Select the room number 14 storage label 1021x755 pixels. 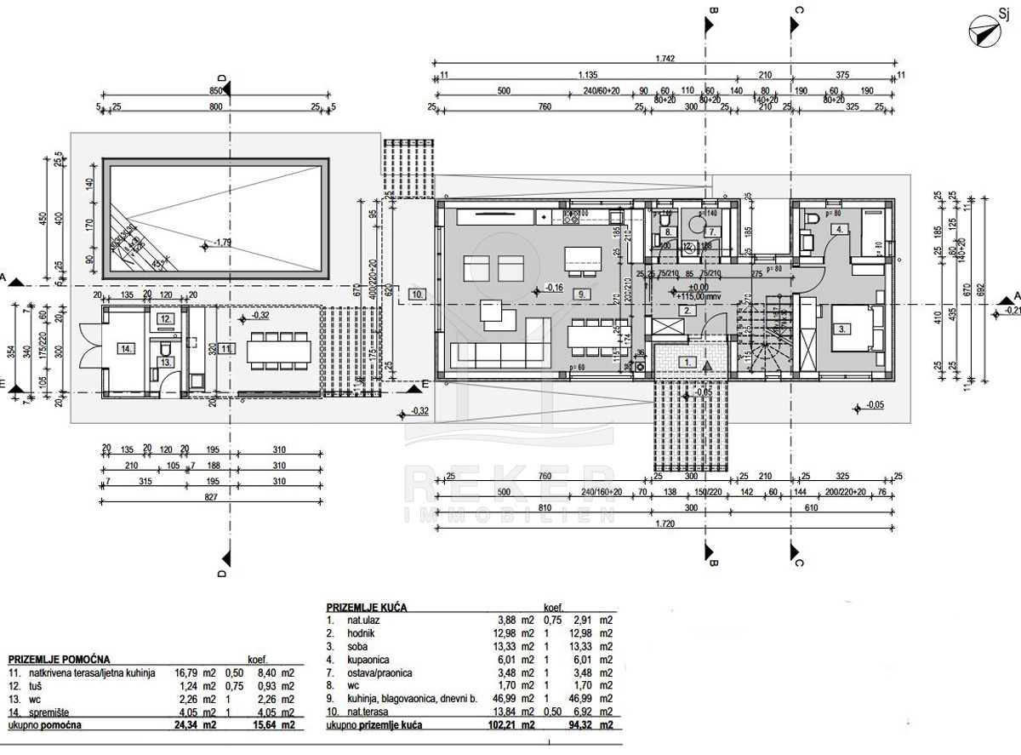[126, 347]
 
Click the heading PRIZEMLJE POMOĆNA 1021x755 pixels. [58, 660]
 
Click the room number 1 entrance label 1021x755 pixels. [687, 362]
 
